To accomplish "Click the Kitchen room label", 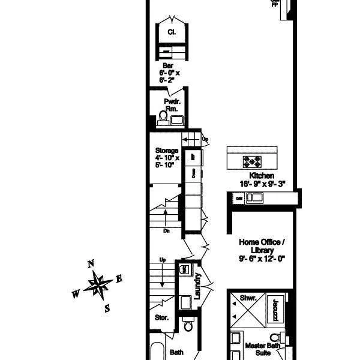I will coord(262,175).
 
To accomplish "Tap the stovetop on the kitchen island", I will coord(251,161).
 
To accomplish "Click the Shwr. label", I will coord(248,298).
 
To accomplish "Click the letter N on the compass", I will coord(91,263).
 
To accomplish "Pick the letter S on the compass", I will coord(107,308).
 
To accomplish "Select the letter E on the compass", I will coord(119,278).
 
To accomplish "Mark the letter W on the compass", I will coord(76,294).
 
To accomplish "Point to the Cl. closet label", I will coord(172,31).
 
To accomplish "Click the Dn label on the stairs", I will coord(166,230).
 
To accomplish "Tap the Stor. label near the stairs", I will coord(161,317).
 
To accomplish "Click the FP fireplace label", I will coord(275,4).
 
